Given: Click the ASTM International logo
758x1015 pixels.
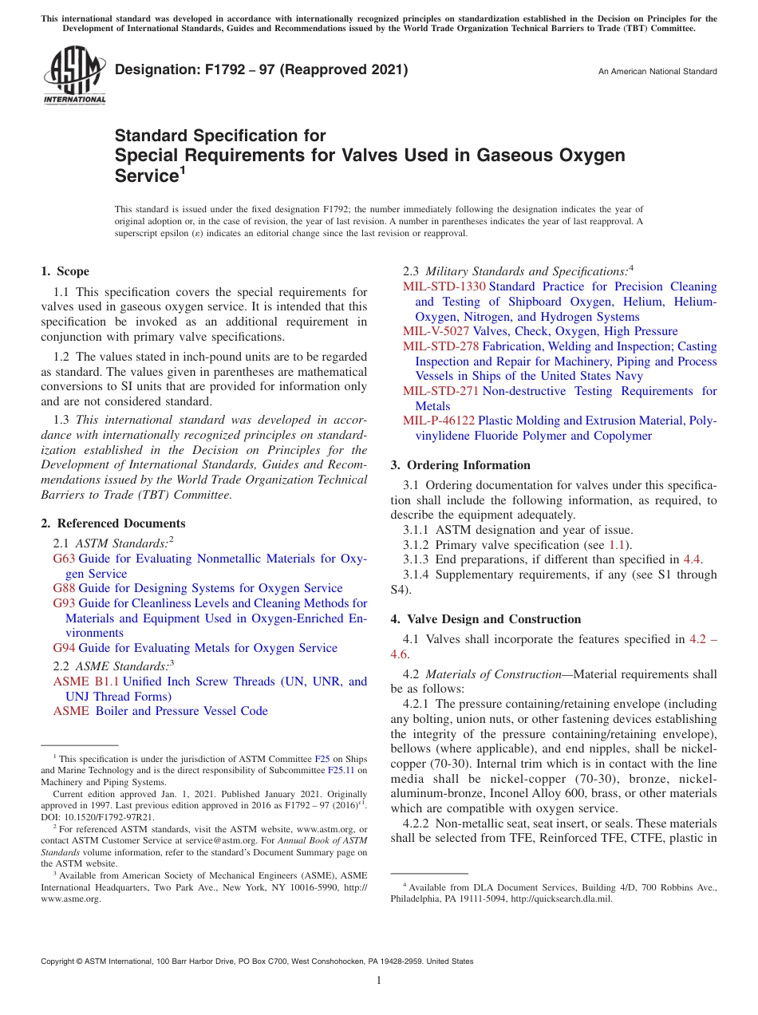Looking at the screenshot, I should point(73,75).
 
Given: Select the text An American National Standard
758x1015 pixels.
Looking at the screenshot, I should point(657,72).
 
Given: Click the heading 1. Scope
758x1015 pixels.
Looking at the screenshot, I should point(65,271).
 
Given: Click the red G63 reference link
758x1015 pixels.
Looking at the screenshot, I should point(64,559).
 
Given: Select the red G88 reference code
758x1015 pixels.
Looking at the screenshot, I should point(64,588).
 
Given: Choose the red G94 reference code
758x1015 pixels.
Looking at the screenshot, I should point(64,648).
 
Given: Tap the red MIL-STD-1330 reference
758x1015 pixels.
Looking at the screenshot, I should point(444,286).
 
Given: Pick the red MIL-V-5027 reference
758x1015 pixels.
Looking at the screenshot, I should point(436,331).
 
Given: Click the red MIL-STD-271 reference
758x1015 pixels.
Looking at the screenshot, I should point(440,391).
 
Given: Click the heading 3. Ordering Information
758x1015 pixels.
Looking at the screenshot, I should point(460,465).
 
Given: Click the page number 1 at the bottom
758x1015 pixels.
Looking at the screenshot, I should point(379,980).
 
